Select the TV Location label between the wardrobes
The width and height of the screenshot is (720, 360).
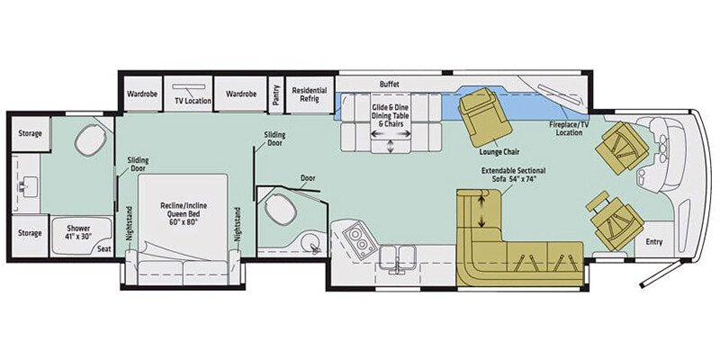pos(193,101)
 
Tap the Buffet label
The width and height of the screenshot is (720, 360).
pos(389,82)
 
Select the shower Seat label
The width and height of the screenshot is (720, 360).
pos(104,247)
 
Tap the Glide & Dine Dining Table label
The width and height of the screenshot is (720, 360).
pos(390,115)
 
